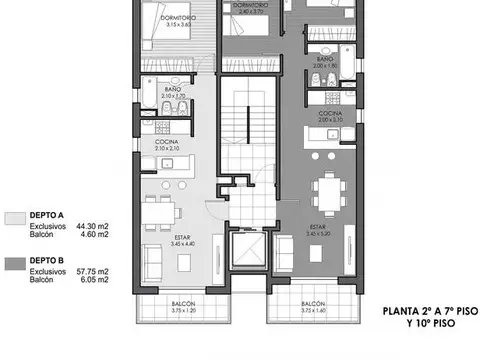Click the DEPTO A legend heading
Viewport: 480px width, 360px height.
[x=47, y=215]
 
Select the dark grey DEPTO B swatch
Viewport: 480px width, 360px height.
[x=15, y=265]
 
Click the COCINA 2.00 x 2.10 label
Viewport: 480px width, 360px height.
[x=331, y=117]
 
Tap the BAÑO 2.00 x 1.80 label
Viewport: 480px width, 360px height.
[x=326, y=63]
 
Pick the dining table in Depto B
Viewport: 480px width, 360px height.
[x=325, y=191]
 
